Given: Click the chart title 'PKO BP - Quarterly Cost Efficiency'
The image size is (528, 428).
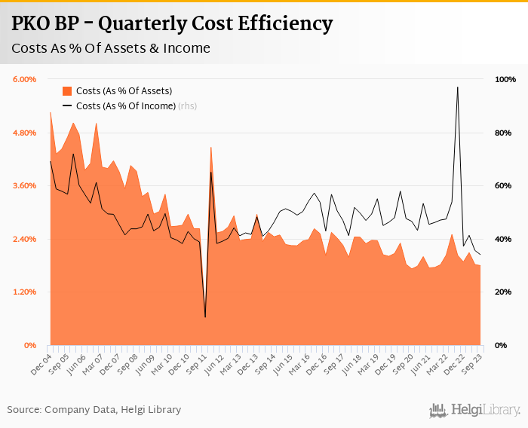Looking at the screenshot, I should [x=172, y=24].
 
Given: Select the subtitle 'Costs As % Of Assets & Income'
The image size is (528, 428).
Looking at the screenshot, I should [x=110, y=49].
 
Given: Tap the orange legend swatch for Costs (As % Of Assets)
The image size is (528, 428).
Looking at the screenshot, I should [x=66, y=91].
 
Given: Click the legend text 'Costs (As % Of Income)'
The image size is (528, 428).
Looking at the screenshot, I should [x=126, y=105].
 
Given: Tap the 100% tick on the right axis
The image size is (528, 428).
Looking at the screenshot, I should [x=505, y=79].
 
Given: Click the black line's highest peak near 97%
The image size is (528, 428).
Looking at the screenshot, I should [x=457, y=87].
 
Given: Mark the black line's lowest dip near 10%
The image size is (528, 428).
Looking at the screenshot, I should [x=205, y=316].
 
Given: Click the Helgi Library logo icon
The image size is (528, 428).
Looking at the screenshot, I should [x=437, y=410].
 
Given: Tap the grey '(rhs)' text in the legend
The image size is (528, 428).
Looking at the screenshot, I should [x=188, y=105].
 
